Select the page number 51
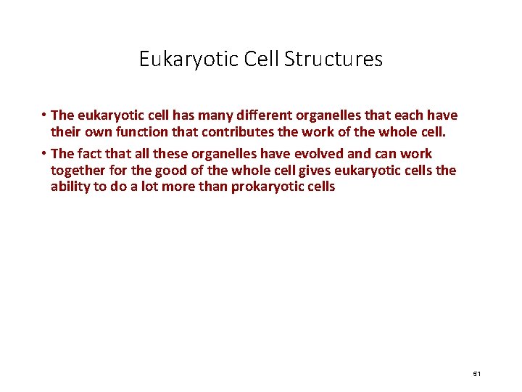pyautogui.click(x=476, y=373)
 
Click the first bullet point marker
pyautogui.click(x=44, y=115)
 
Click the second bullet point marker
pyautogui.click(x=44, y=154)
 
